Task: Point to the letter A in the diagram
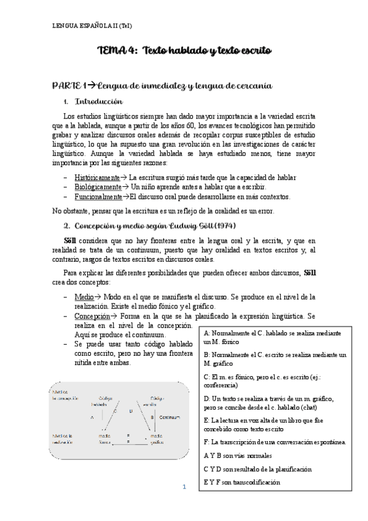pos(91,417)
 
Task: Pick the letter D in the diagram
pos(131,410)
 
